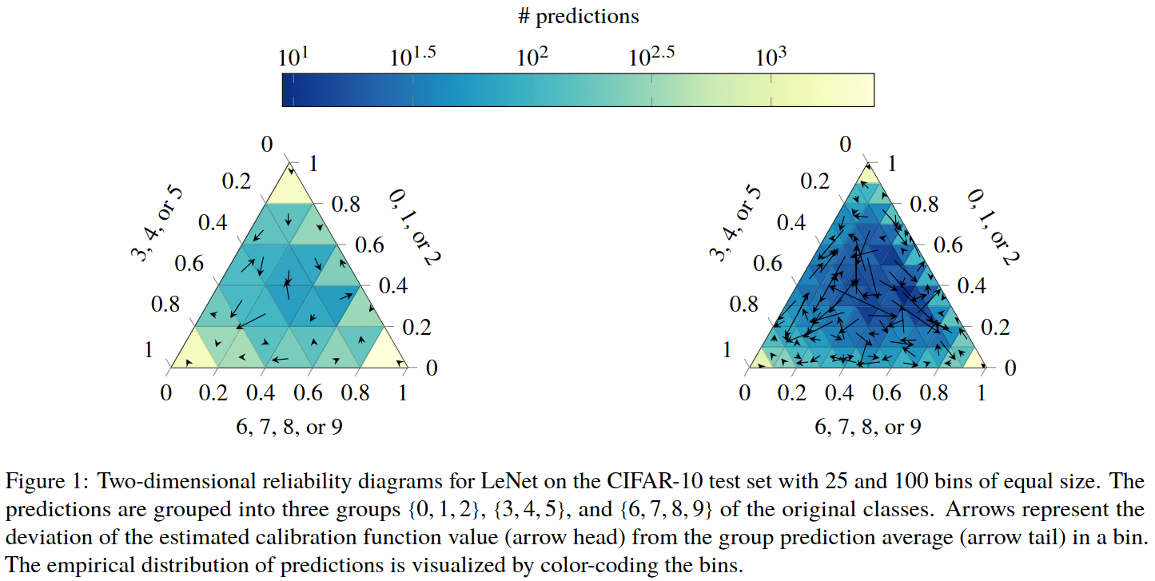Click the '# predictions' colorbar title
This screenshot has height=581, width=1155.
pos(578,16)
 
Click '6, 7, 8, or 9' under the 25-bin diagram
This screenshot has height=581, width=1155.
pos(289,427)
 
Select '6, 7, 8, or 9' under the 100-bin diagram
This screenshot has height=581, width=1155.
pos(868,427)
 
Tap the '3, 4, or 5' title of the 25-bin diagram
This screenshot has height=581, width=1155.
pos(164,229)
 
